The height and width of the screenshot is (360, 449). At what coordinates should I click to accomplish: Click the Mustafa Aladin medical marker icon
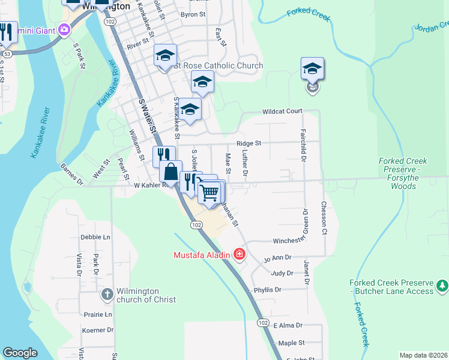(x=240, y=255)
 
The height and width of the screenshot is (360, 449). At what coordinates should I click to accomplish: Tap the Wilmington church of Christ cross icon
(x=107, y=295)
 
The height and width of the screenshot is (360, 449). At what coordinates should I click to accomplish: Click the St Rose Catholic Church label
(x=218, y=66)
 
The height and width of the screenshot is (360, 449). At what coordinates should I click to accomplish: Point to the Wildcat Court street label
(x=282, y=112)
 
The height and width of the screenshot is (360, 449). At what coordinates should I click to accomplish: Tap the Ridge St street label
(x=249, y=143)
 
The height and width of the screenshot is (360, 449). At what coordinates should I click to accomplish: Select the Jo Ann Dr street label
(x=277, y=259)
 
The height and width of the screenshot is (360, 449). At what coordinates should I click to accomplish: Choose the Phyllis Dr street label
(x=267, y=289)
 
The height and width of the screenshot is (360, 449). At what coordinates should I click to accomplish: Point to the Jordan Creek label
(x=431, y=26)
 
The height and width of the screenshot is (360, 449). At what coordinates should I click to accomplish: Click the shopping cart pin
(x=209, y=193)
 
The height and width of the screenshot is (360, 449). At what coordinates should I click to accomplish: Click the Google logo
(x=20, y=353)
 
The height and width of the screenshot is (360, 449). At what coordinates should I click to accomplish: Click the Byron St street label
(x=193, y=14)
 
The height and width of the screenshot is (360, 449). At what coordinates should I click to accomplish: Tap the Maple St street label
(x=292, y=343)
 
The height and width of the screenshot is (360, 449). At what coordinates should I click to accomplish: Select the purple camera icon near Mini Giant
(x=64, y=29)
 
